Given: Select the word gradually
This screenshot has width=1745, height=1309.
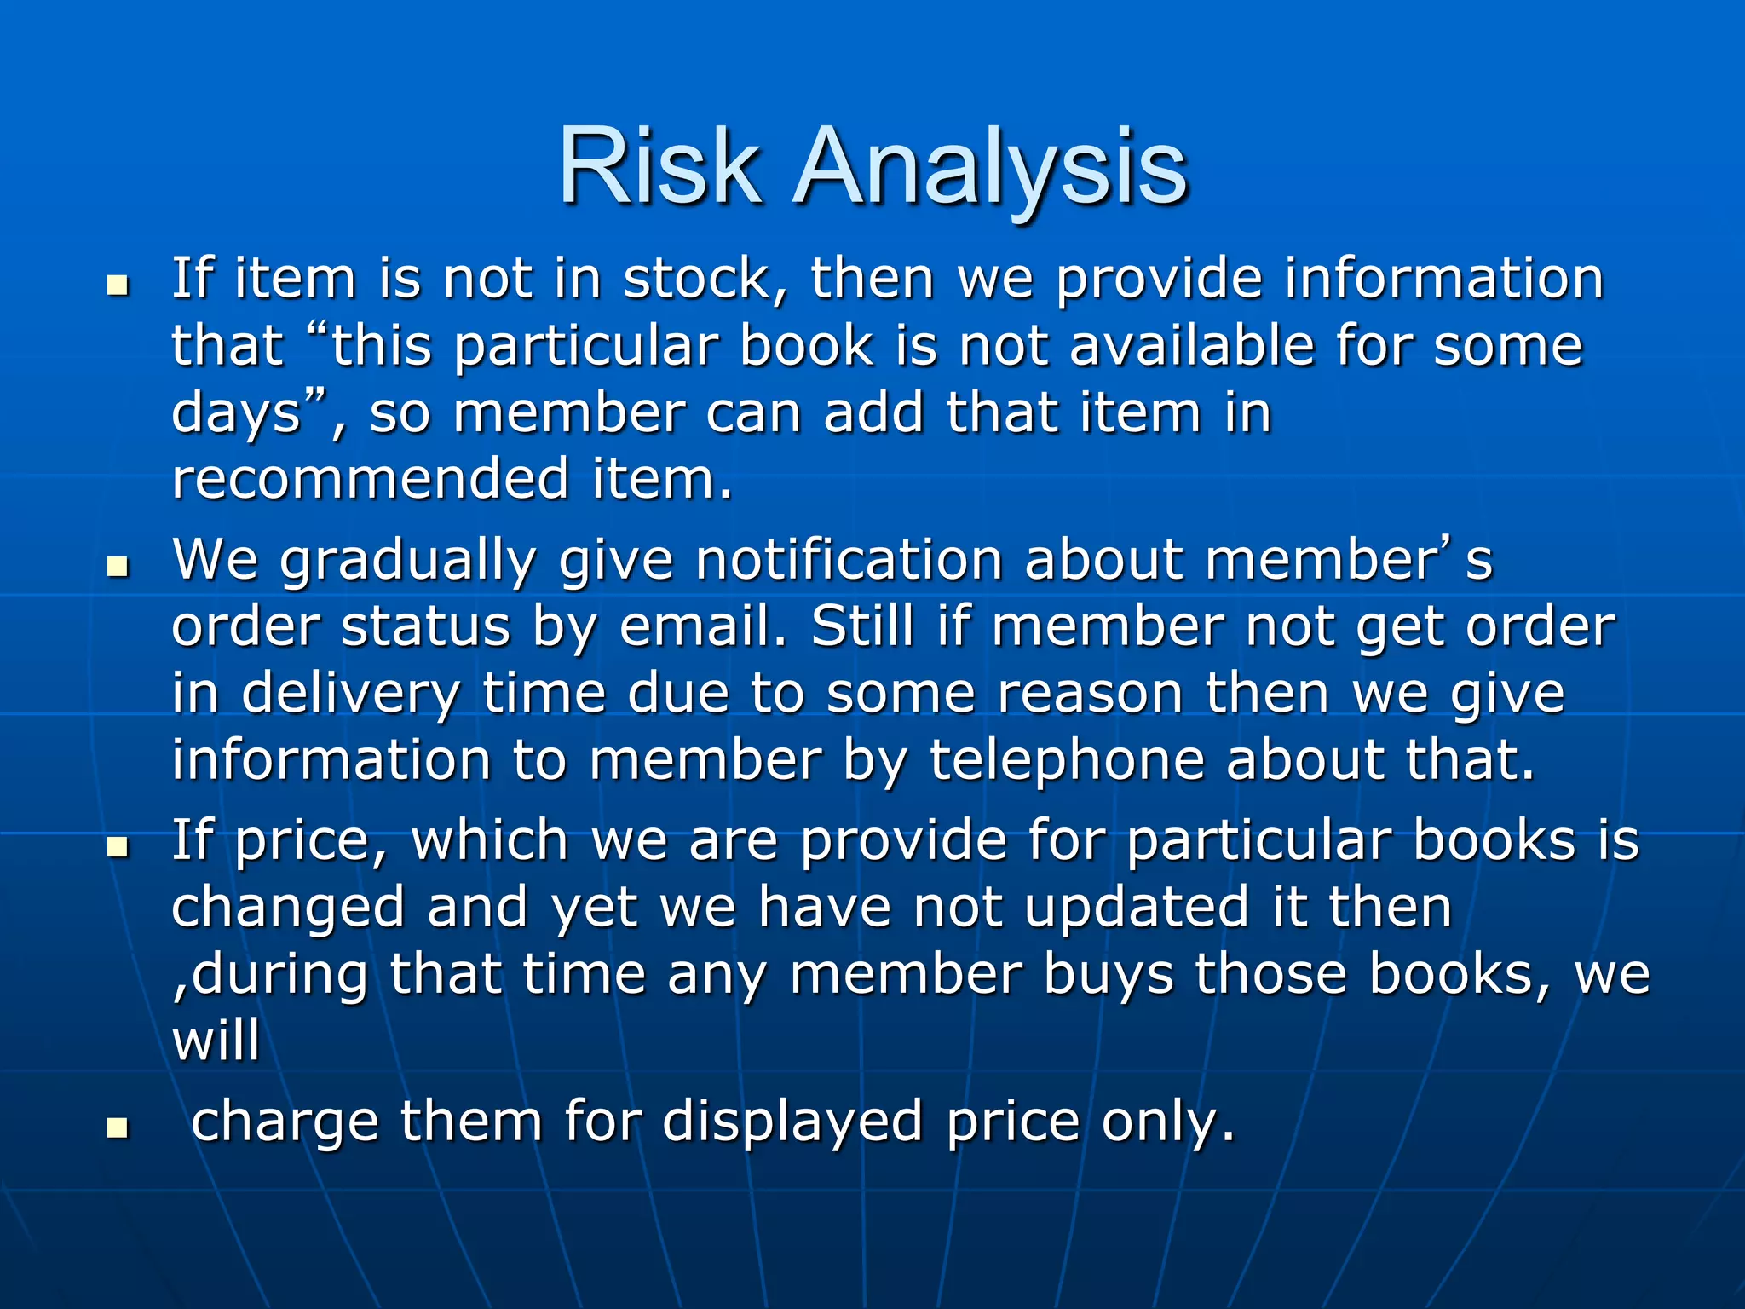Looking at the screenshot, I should point(407,562).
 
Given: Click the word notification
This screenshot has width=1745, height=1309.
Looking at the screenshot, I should point(848,560).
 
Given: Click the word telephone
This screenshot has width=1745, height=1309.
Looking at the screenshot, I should point(1066,760).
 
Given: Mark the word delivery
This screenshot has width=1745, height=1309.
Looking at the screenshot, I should point(350,694).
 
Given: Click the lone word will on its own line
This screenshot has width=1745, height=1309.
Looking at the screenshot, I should point(216,1041).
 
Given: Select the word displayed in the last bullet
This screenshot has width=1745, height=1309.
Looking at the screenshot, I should point(792,1122).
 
